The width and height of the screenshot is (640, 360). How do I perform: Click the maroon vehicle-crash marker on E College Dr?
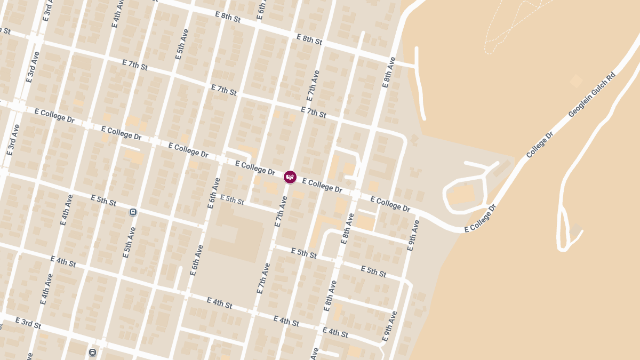click(290, 177)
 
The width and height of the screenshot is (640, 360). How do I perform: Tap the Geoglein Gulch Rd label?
click(592, 95)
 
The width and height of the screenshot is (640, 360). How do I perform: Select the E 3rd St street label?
click(28, 323)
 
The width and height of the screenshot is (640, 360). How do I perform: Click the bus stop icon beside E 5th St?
click(133, 212)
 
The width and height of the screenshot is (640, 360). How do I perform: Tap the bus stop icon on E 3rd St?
click(92, 353)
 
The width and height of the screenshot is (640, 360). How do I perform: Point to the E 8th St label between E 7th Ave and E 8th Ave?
click(309, 39)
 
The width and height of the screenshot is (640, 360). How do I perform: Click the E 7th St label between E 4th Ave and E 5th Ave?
click(134, 66)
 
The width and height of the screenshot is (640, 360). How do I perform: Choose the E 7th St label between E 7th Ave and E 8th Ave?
click(313, 113)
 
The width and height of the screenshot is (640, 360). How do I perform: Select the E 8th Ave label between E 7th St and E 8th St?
click(389, 72)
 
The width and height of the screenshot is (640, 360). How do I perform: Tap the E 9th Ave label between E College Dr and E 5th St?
click(413, 235)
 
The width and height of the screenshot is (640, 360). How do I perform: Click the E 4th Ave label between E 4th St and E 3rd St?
click(46, 289)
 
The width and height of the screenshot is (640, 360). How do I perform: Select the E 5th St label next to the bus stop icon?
click(103, 201)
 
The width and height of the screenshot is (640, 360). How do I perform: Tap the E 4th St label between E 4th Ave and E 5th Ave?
click(63, 261)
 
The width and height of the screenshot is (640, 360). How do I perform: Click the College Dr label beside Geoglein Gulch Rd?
click(540, 145)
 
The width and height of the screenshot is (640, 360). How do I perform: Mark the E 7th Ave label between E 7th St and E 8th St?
click(314, 85)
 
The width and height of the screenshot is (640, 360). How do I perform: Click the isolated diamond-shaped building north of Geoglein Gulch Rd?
click(576, 81)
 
